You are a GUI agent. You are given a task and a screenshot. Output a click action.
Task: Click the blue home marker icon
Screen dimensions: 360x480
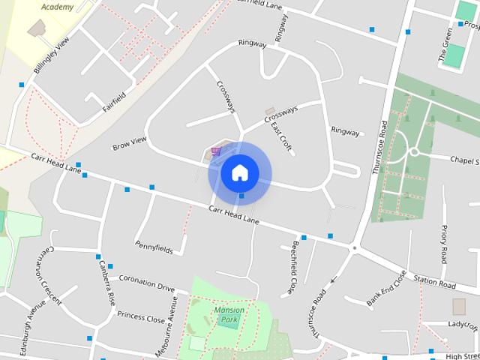239,172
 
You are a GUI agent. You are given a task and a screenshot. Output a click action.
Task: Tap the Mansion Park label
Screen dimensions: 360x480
229,314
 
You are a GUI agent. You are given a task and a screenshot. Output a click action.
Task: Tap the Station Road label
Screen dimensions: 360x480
435,283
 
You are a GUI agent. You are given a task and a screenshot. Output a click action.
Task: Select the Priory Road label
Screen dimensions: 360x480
444,244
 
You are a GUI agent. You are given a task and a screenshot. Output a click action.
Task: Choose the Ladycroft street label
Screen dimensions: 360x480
462,325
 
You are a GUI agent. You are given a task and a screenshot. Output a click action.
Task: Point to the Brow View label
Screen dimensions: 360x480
129,142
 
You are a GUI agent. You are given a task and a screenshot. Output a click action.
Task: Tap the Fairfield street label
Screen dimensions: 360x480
113,106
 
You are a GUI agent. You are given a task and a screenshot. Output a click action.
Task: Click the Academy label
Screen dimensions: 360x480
58,7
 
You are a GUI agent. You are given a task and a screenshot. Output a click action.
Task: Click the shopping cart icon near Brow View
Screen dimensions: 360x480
216,151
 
